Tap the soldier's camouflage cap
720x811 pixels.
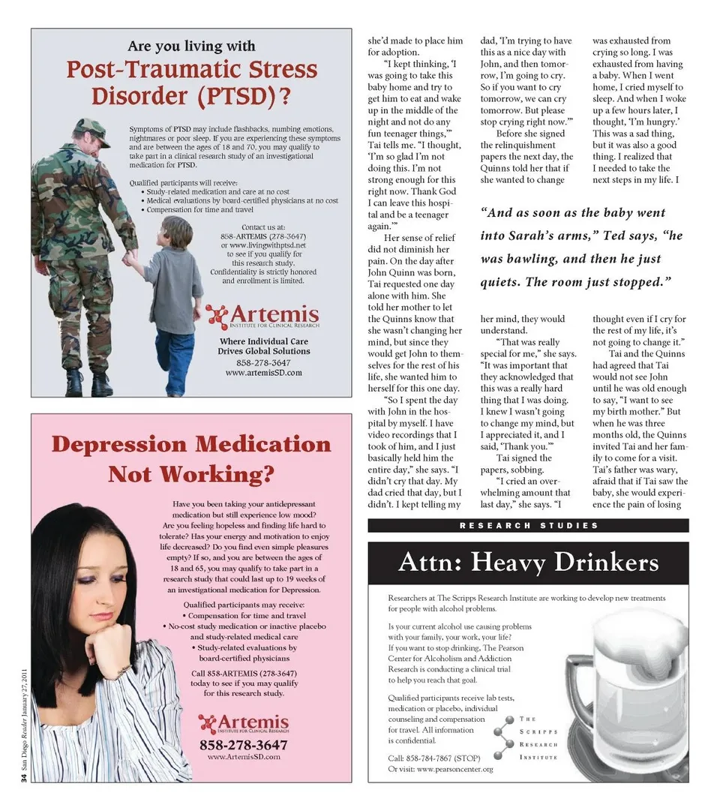tap(91, 130)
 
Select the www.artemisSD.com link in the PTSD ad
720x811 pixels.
tap(263, 372)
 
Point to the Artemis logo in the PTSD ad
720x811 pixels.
tap(262, 316)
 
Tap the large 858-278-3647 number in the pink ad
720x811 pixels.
tap(243, 745)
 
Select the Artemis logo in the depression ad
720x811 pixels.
tap(243, 724)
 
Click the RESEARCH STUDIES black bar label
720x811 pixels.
tap(528, 526)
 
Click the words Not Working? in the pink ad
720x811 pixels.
tap(190, 475)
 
